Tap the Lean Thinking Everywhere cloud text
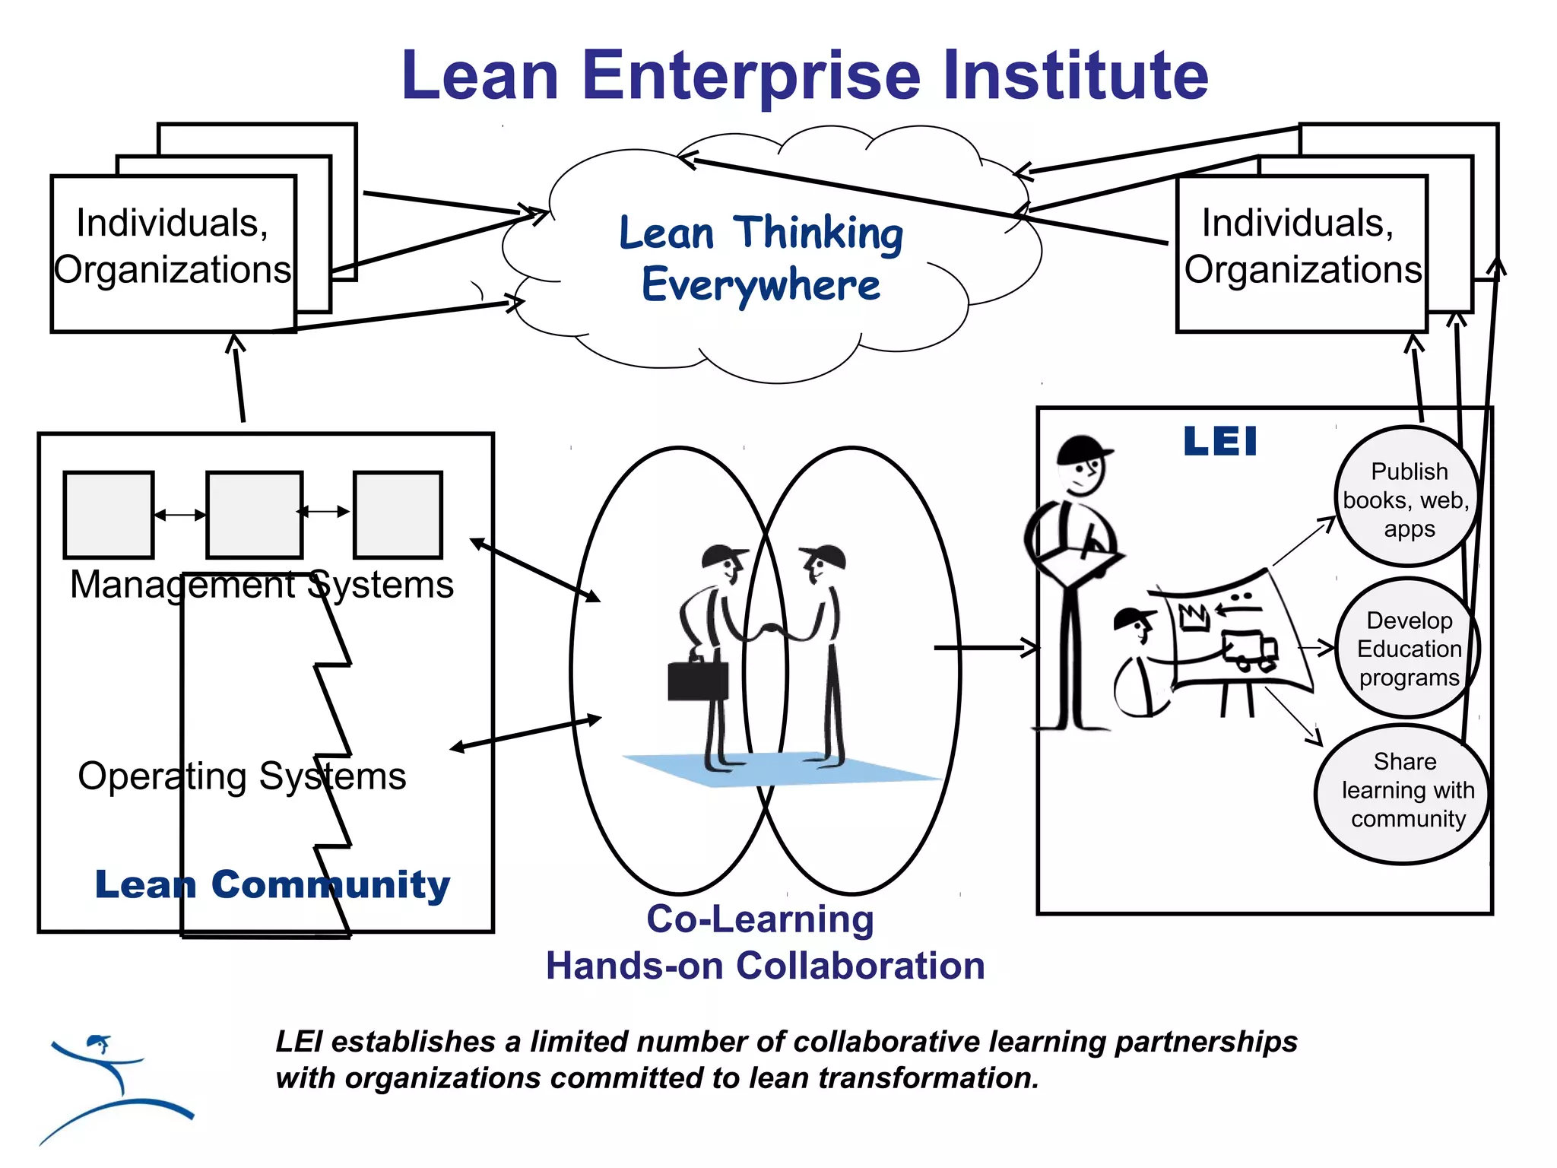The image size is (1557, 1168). [760, 259]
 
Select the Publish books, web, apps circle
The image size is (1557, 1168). [1408, 498]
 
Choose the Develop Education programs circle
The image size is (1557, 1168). [1408, 648]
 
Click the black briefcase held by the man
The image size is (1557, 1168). [697, 680]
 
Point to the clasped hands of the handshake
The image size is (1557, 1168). [772, 630]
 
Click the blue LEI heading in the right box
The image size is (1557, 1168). [1220, 442]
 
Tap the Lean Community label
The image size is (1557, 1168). [272, 884]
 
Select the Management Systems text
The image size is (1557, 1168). [262, 585]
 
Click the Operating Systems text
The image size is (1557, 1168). [242, 776]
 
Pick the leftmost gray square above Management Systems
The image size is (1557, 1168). [109, 515]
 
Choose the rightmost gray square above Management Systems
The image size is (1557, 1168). [398, 515]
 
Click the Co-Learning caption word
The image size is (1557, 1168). [760, 919]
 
